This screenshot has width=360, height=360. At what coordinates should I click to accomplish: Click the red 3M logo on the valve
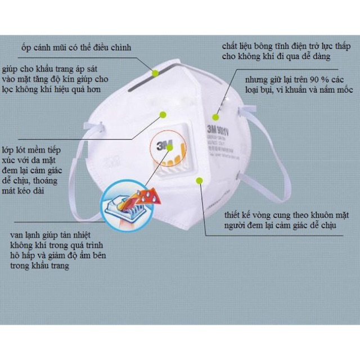click(x=166, y=145)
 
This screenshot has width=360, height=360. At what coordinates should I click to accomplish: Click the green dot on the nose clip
click(x=154, y=71)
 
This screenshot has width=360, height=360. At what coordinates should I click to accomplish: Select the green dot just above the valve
click(x=162, y=115)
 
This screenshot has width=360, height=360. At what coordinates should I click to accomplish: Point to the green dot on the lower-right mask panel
click(x=198, y=179)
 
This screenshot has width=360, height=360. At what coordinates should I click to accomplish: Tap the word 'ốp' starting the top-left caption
click(x=26, y=47)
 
